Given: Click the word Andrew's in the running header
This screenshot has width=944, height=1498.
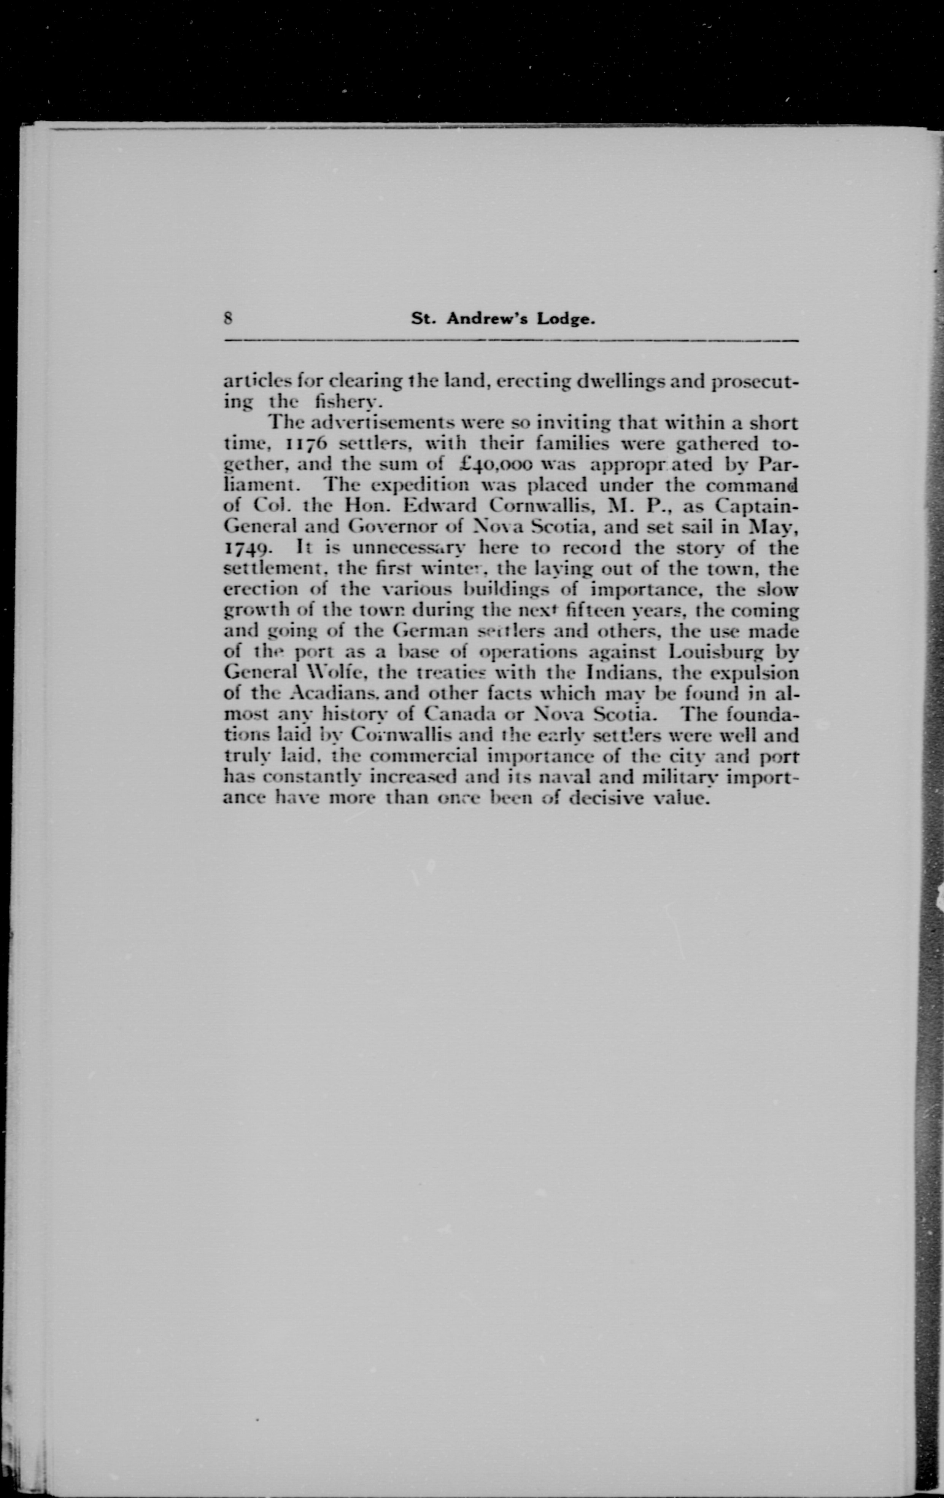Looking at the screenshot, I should (480, 320).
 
